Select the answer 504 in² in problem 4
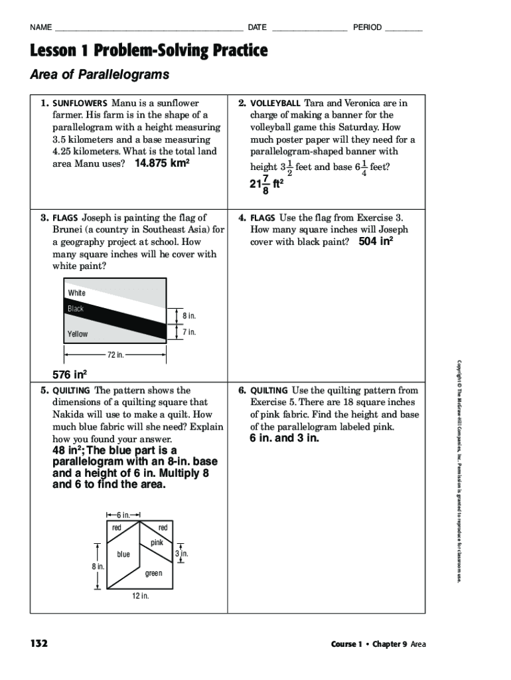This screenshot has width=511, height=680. (376, 242)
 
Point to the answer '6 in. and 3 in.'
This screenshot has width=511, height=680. (284, 438)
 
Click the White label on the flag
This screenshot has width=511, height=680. (76, 293)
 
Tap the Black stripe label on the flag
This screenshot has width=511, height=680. (76, 309)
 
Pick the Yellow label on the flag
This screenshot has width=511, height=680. (77, 334)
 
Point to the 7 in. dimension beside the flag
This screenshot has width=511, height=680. (189, 332)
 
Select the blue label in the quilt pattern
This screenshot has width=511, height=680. (123, 554)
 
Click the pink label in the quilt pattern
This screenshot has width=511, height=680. (157, 543)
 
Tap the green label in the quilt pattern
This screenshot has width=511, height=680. (153, 573)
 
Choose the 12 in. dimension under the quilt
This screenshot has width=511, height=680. (140, 596)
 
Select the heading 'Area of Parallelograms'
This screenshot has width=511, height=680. (100, 74)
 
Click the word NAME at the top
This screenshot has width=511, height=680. (40, 27)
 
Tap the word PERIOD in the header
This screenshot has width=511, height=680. (367, 27)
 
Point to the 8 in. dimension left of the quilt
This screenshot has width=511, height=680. (98, 566)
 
